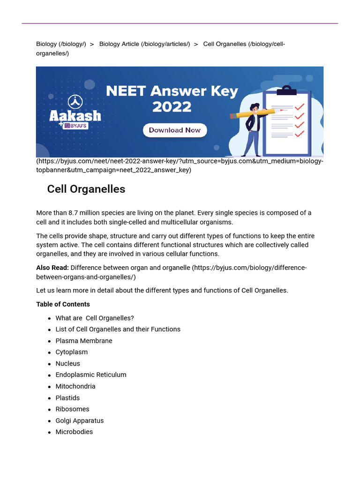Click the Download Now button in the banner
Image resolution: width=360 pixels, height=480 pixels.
[174, 130]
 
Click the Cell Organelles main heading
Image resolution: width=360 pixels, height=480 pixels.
[86, 189]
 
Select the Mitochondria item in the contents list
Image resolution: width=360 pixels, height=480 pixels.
[75, 386]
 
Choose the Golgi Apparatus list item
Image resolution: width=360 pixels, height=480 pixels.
[79, 420]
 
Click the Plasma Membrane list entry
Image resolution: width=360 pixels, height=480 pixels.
[83, 341]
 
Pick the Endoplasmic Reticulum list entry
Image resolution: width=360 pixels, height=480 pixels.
[90, 375]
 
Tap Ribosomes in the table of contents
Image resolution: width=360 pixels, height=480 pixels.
[72, 409]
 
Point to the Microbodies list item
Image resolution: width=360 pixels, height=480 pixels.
[74, 432]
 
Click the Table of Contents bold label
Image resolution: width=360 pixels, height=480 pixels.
[63, 304]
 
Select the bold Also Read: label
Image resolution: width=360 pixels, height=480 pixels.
[52, 267]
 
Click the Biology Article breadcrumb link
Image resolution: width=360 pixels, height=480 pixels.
[144, 44]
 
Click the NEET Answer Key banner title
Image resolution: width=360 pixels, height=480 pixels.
[172, 98]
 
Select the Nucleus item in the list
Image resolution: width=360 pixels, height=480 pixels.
[67, 363]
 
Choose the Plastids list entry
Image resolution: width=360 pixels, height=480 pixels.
[67, 397]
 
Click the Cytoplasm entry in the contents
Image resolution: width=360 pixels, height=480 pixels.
[71, 352]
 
